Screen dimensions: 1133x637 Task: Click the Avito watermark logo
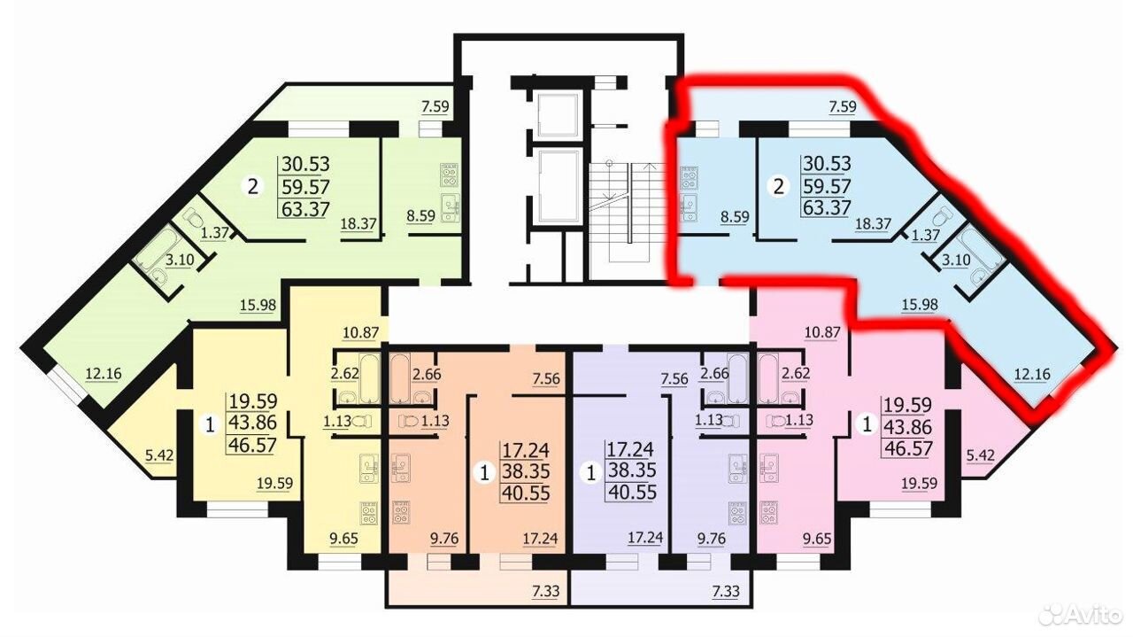tap(1078, 614)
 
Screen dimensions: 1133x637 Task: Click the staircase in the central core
tap(628, 212)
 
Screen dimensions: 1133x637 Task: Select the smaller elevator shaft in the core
tap(558, 115)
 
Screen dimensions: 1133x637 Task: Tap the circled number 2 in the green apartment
tap(253, 187)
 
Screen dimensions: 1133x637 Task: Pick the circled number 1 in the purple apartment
tap(590, 472)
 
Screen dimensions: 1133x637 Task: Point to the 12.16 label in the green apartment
tap(104, 374)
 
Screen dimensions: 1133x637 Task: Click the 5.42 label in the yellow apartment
tap(159, 455)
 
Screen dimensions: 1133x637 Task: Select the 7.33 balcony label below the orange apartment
tap(546, 591)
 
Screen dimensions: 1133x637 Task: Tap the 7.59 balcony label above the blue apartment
tap(842, 107)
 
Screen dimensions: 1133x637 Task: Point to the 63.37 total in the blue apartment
tap(827, 207)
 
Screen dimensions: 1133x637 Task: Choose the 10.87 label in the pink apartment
tap(823, 333)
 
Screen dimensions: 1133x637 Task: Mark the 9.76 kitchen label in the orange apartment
tap(444, 539)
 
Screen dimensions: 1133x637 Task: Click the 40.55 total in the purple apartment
tap(632, 493)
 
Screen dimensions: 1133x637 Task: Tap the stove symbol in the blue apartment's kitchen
tap(689, 176)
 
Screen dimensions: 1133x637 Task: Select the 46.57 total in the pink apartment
tap(907, 448)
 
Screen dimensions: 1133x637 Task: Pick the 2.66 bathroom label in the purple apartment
tap(714, 374)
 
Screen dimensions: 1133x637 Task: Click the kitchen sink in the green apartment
tap(449, 207)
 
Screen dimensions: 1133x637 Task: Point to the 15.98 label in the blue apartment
tap(920, 304)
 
